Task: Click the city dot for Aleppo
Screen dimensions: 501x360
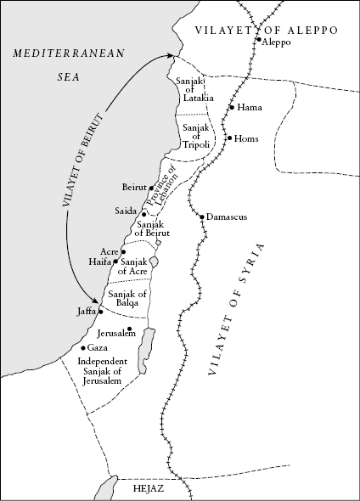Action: (x=258, y=39)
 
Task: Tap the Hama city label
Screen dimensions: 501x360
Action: (x=250, y=108)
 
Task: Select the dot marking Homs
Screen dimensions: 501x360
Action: (x=229, y=138)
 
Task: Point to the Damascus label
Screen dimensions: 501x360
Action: (x=227, y=217)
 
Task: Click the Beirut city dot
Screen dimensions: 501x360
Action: (x=151, y=188)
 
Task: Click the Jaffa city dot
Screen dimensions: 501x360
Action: (x=100, y=312)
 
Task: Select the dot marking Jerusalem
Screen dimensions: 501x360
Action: (x=129, y=329)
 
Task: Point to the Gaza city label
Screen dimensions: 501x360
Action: (x=98, y=348)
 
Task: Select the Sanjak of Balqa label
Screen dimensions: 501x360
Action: (x=128, y=299)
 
